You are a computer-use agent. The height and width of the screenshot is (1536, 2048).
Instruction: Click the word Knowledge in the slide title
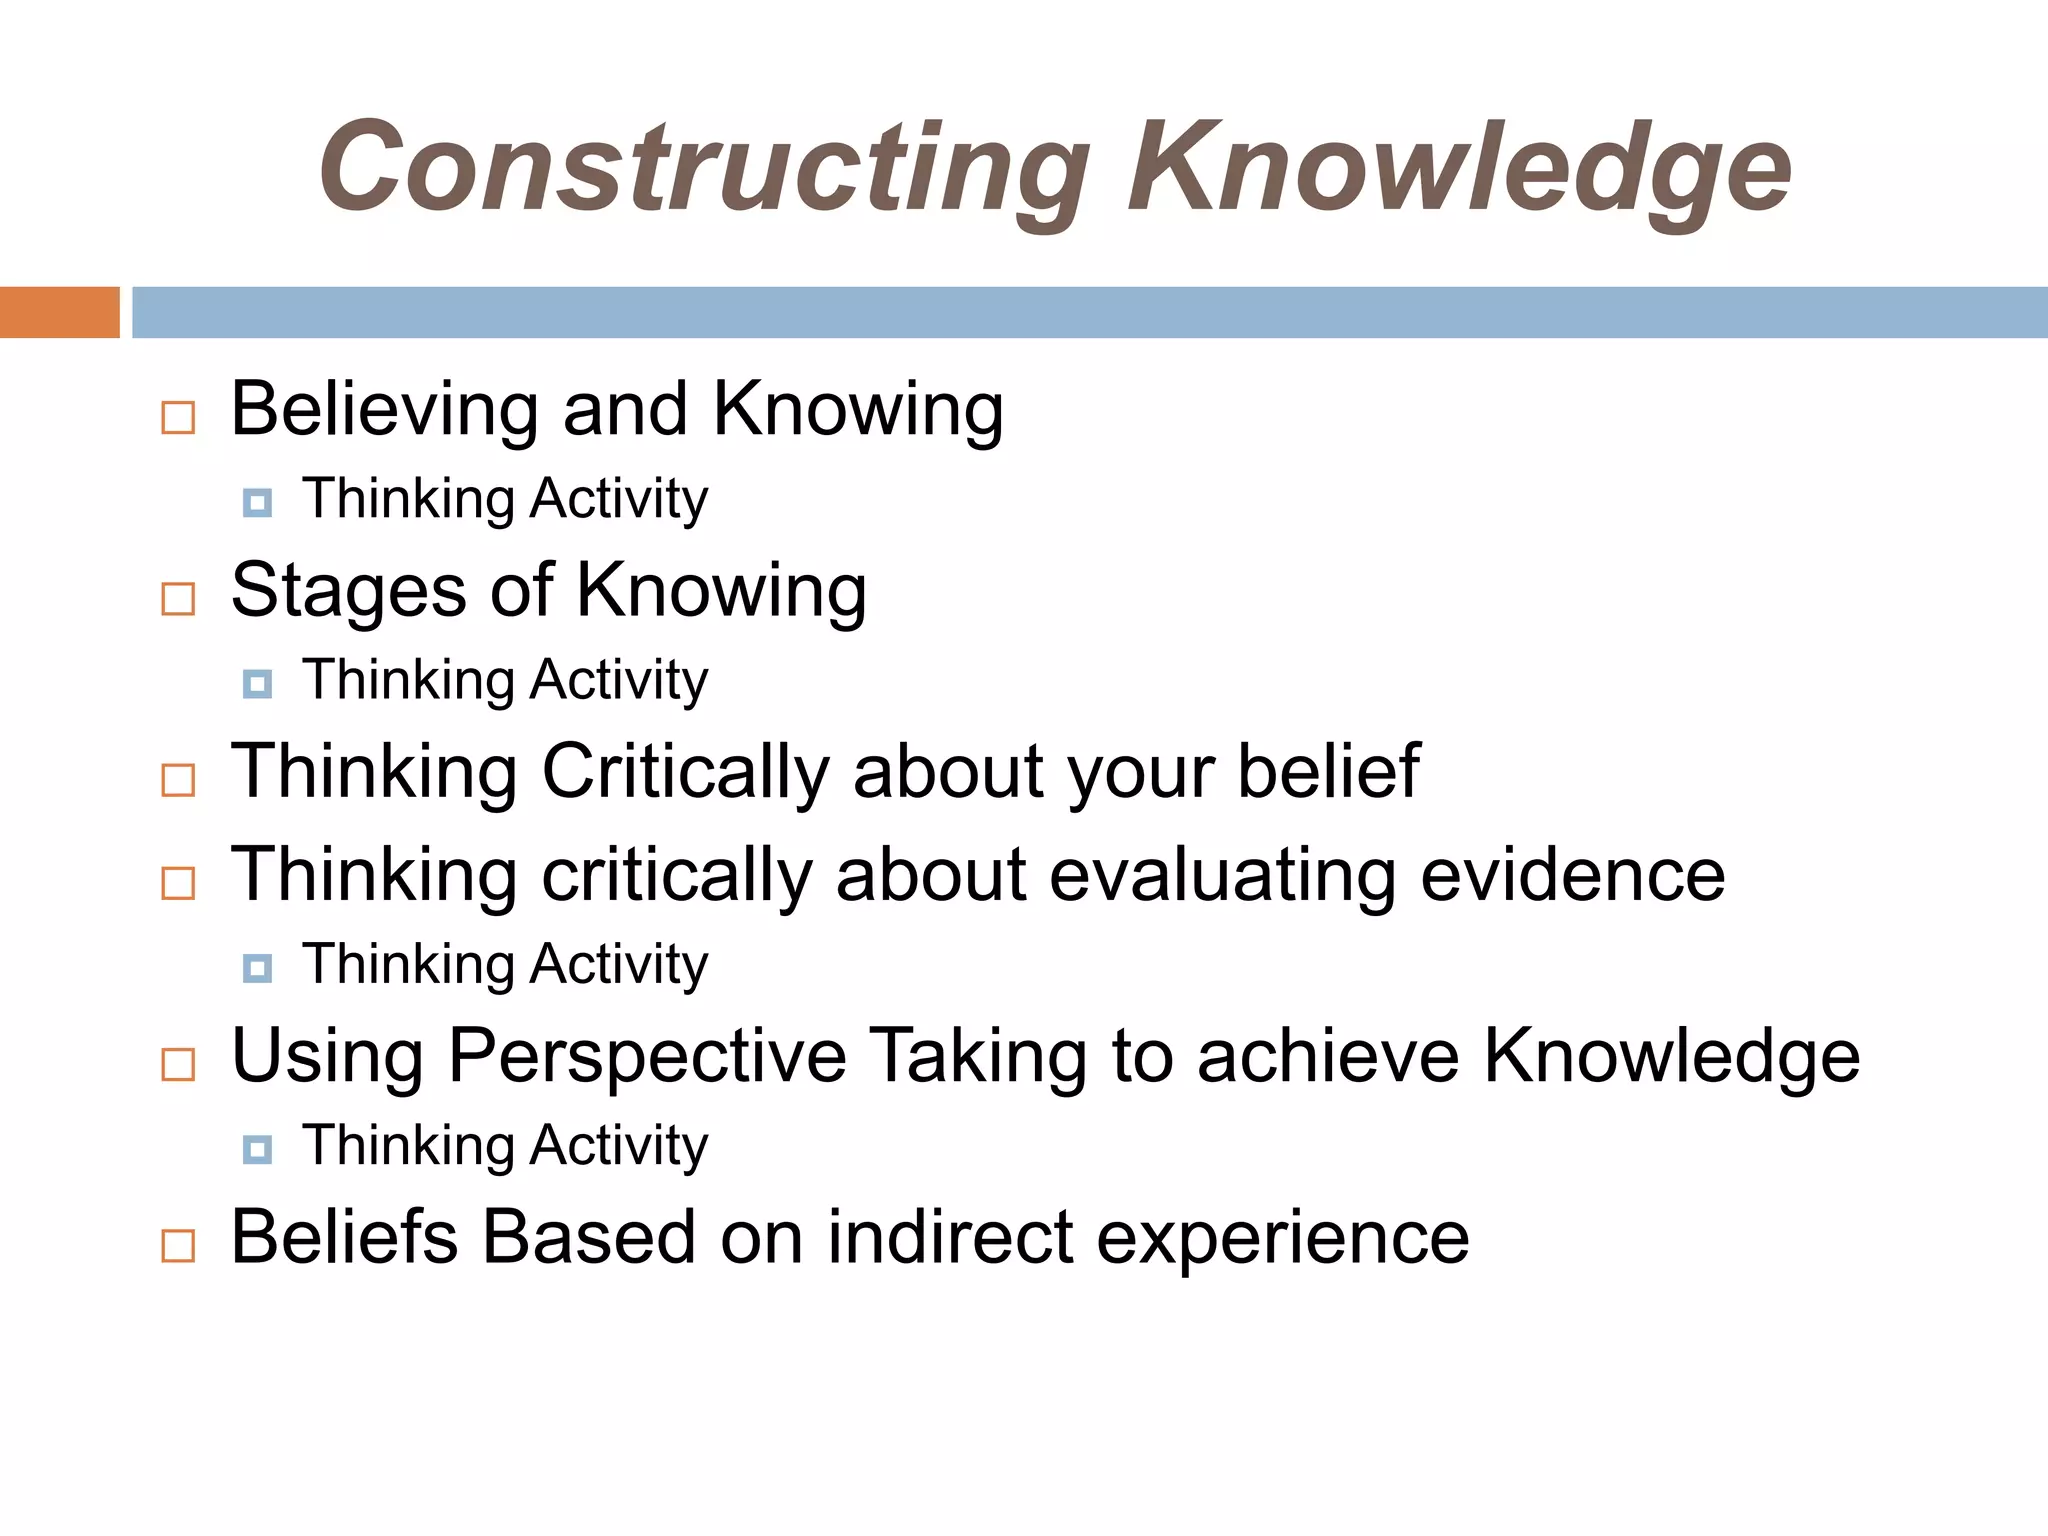tap(1459, 167)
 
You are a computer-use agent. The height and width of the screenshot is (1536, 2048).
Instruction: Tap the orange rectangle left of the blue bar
tap(59, 312)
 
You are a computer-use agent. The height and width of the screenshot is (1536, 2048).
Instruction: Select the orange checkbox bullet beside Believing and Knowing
tap(178, 417)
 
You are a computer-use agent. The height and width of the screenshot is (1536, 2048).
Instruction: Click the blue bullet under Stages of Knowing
tap(257, 684)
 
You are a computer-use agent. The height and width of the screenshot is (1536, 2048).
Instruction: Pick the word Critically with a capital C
tap(685, 772)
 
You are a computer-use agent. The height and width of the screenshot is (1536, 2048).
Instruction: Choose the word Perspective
tap(647, 1057)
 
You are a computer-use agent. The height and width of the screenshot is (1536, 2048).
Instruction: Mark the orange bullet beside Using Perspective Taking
tap(178, 1065)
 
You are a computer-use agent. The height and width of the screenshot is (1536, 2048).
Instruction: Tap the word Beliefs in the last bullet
tap(343, 1238)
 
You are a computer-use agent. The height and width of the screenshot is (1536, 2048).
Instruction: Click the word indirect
tap(950, 1238)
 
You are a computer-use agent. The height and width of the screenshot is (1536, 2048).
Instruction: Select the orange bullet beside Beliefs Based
tap(178, 1246)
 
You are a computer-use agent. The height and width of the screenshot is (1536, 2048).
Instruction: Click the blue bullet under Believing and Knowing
tap(257, 502)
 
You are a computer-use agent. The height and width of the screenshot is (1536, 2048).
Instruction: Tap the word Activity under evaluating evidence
tap(619, 965)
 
